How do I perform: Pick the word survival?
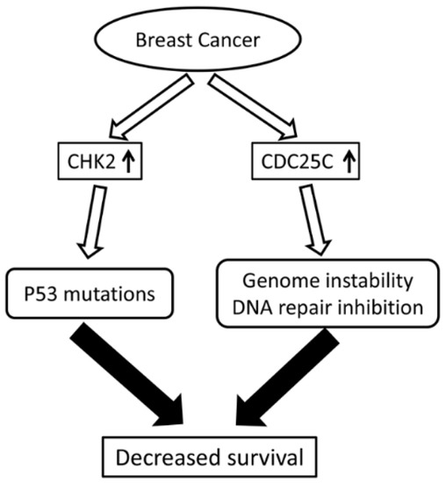click(x=260, y=458)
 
